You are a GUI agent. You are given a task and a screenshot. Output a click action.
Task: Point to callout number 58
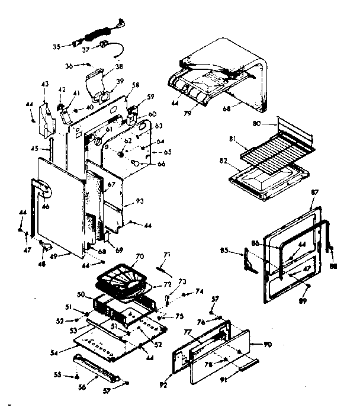[x=136, y=85]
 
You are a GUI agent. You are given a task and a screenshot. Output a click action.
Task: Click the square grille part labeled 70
[x=121, y=278]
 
